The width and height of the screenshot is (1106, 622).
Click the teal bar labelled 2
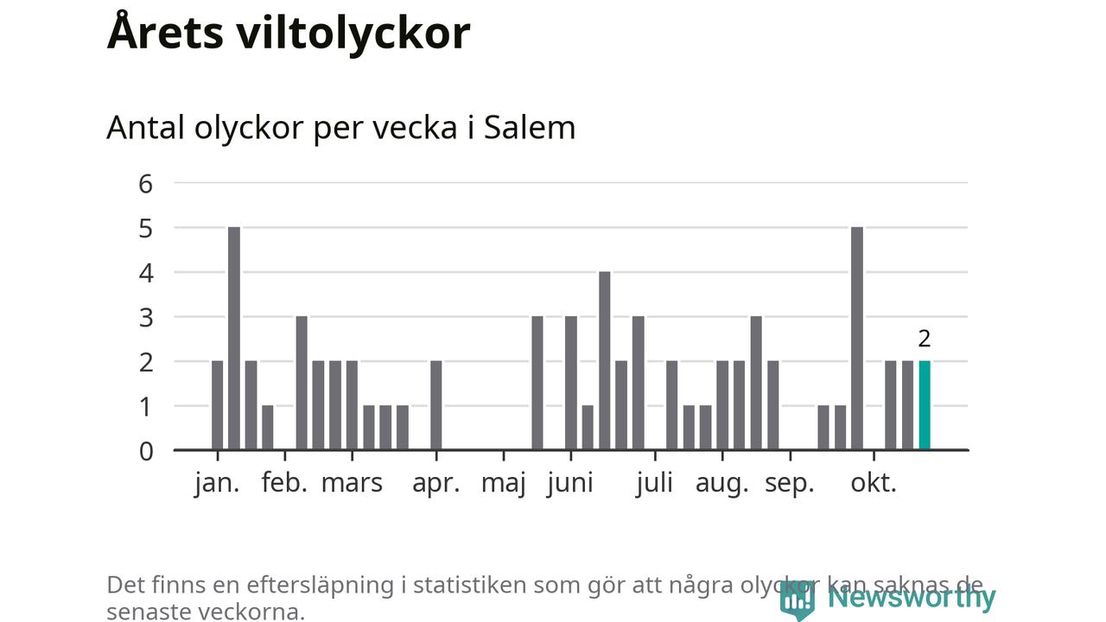click(925, 405)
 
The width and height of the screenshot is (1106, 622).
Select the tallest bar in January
click(234, 338)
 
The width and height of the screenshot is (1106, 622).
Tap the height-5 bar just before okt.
click(857, 338)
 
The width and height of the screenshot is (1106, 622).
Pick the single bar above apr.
click(436, 405)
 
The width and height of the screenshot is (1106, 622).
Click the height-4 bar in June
click(605, 360)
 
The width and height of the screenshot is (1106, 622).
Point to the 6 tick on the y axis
click(145, 183)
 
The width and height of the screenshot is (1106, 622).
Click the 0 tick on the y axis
click(145, 450)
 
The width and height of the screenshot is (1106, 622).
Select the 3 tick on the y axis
click(145, 317)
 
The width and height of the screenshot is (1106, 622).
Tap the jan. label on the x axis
click(217, 483)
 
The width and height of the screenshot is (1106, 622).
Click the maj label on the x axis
click(504, 483)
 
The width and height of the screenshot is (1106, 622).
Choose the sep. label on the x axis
click(790, 483)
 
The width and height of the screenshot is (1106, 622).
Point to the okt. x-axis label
click(874, 483)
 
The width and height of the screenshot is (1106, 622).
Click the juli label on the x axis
click(654, 483)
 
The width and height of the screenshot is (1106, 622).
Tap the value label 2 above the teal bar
click(925, 339)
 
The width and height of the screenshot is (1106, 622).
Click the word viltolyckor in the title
click(354, 33)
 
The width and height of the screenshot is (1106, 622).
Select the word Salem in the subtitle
click(529, 128)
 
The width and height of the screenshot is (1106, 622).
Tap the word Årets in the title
click(163, 33)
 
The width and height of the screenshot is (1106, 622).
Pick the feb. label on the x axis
click(284, 483)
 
